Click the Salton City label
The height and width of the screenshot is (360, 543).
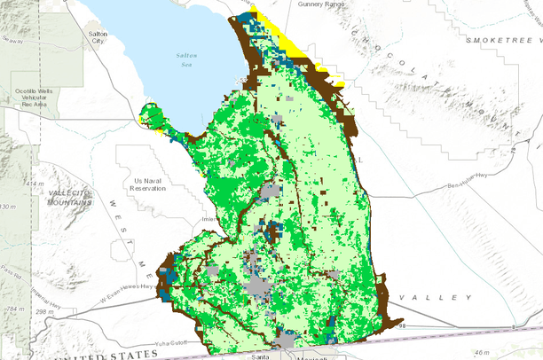[x=98, y=36]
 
